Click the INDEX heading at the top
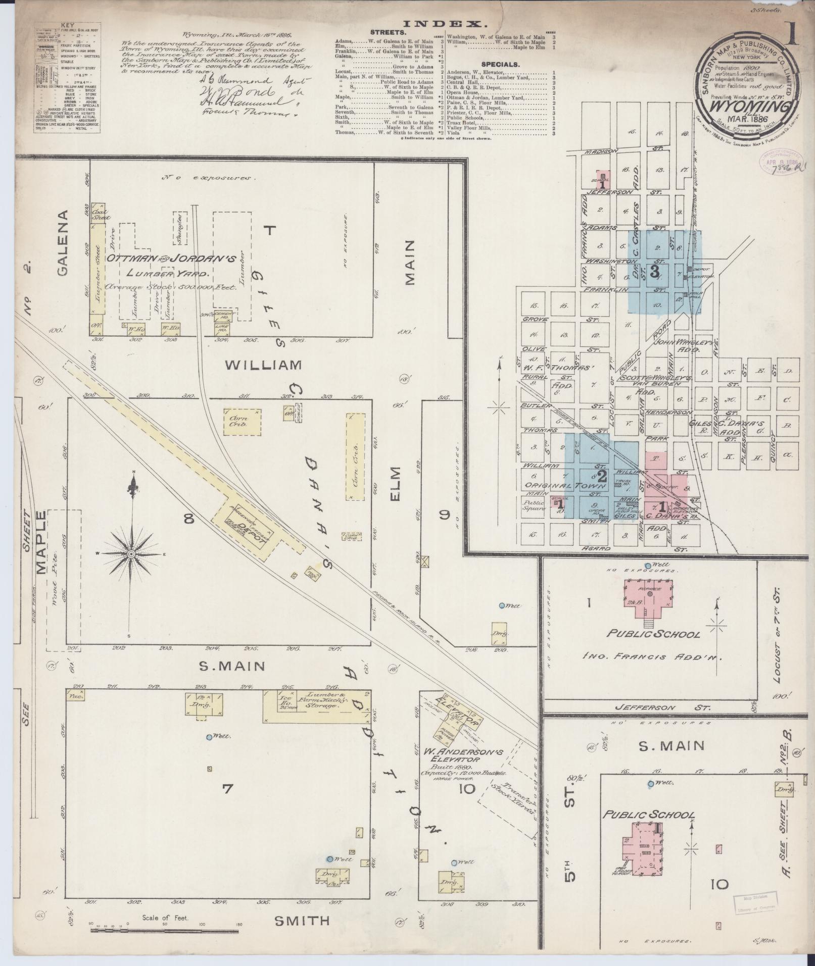[x=445, y=23]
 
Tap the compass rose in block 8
[x=131, y=554]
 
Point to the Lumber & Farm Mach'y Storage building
[x=316, y=706]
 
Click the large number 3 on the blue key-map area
[x=655, y=272]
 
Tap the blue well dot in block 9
[x=502, y=605]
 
